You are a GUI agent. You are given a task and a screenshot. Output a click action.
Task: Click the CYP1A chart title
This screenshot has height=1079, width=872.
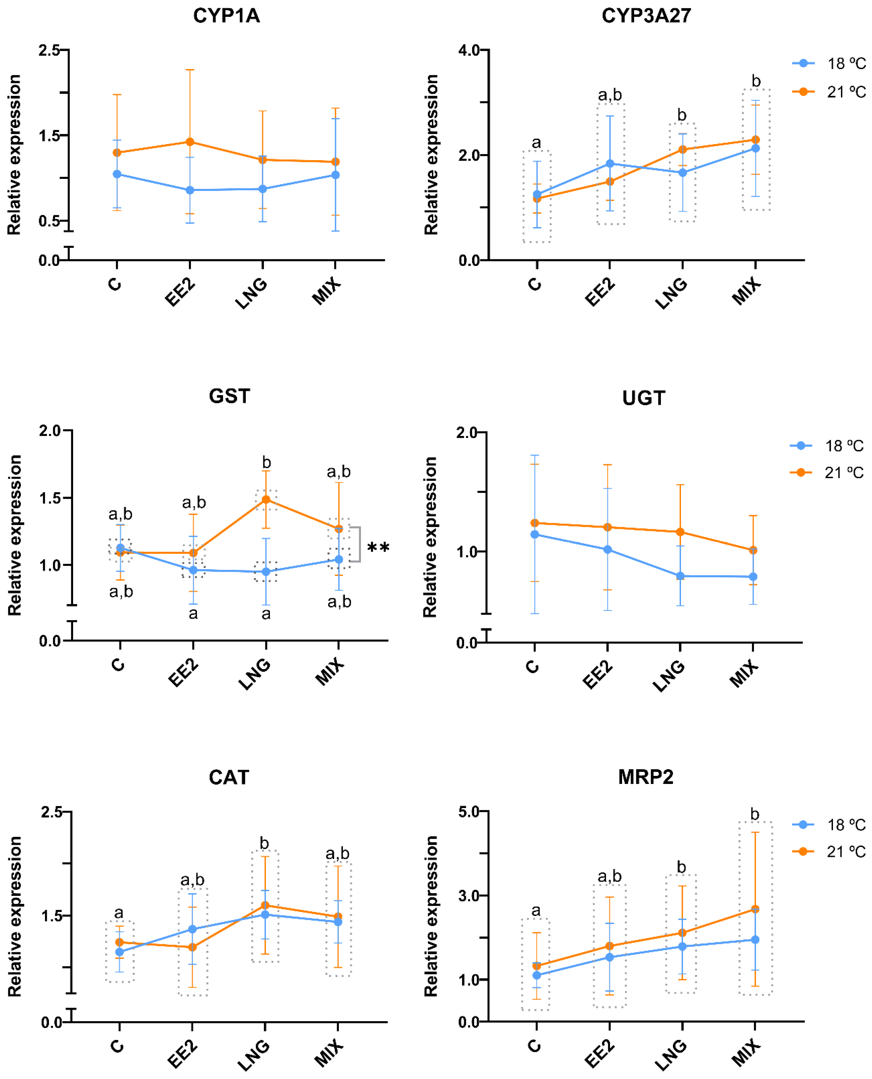coord(227,16)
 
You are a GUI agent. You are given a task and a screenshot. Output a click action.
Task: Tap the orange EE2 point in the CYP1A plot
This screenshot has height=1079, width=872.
coord(190,142)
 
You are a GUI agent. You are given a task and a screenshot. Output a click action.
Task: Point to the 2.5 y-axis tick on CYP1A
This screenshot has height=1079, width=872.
coord(49,50)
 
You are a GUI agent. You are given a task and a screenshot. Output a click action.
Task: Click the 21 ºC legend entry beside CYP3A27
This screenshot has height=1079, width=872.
coord(829,92)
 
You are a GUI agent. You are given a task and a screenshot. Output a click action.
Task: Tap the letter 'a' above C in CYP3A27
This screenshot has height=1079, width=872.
coord(536,143)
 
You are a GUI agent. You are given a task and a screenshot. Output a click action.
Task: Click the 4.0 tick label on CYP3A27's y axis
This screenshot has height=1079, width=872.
coord(469,50)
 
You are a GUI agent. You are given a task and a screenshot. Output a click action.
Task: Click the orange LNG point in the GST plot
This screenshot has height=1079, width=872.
coord(266,500)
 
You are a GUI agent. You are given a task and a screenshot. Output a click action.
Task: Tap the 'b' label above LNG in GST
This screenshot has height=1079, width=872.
coord(266,462)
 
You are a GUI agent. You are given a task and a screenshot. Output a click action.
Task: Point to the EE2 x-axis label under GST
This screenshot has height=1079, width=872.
coord(183,673)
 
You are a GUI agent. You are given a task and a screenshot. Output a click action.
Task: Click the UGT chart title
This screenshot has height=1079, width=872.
coord(643,398)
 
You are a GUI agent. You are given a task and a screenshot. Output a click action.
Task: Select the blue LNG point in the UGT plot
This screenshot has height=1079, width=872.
coord(680,576)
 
